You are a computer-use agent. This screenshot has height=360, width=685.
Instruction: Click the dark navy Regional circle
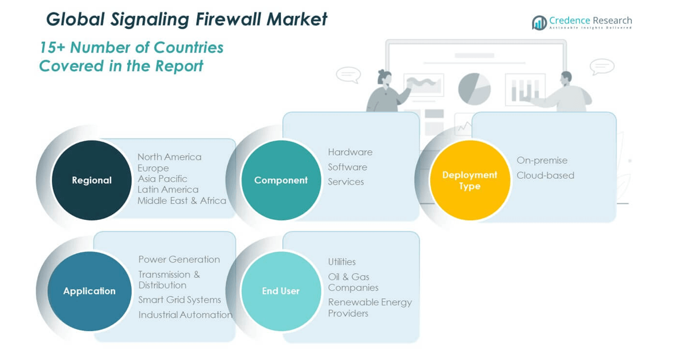point(91,180)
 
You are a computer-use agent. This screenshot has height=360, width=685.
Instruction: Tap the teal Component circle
point(281,180)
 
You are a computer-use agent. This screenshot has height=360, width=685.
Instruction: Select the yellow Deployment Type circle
point(470,180)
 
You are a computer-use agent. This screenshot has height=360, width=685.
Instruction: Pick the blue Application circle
point(89,291)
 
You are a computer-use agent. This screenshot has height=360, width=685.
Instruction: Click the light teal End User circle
point(281,291)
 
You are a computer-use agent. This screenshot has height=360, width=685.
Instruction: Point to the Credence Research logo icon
point(539,23)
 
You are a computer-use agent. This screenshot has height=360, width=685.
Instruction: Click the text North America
point(169,157)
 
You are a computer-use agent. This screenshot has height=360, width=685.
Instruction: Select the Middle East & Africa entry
point(182,201)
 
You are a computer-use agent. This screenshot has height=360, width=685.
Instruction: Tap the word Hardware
point(350,152)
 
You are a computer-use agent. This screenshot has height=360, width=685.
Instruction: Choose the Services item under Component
point(345,182)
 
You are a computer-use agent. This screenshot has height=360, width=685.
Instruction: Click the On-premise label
point(541,161)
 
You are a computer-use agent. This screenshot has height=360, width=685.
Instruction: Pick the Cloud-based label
point(545,175)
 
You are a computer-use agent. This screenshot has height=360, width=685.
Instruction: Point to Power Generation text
point(179,259)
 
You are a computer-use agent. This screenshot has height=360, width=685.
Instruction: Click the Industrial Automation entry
point(185,314)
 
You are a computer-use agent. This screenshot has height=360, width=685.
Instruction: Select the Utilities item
point(341,262)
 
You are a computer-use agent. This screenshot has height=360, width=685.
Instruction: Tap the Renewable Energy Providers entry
point(369,308)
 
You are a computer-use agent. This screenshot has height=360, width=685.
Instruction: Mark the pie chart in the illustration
point(474,88)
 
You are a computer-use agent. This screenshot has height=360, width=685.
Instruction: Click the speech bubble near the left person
point(348,75)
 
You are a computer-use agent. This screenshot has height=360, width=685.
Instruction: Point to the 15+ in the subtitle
point(53,47)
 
